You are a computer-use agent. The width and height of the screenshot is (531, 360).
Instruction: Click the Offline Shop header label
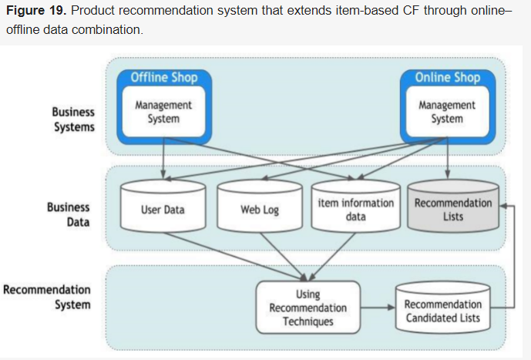pos(163,77)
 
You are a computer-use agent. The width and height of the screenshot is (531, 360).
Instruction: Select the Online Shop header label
pos(447,77)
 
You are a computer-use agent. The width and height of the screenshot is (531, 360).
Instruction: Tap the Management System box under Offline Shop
pos(163,112)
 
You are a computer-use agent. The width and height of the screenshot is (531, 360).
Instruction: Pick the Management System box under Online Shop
pos(447,112)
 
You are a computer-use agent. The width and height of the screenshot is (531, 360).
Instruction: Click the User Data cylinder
pos(163,209)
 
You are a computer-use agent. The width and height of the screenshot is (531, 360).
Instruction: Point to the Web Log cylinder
pos(260,209)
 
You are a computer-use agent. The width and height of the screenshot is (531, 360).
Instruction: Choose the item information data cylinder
pos(355,209)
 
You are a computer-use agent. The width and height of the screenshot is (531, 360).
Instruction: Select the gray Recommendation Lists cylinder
pos(453,209)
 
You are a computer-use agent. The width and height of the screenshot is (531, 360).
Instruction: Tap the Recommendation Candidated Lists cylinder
pos(442,311)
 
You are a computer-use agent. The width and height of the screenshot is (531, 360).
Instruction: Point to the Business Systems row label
pos(74,119)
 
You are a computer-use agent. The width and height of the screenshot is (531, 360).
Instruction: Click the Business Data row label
pos(69,214)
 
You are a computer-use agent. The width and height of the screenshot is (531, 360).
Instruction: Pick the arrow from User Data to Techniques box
pos(231,254)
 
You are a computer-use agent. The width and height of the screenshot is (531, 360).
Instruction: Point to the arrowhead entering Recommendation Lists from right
pos(503,206)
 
